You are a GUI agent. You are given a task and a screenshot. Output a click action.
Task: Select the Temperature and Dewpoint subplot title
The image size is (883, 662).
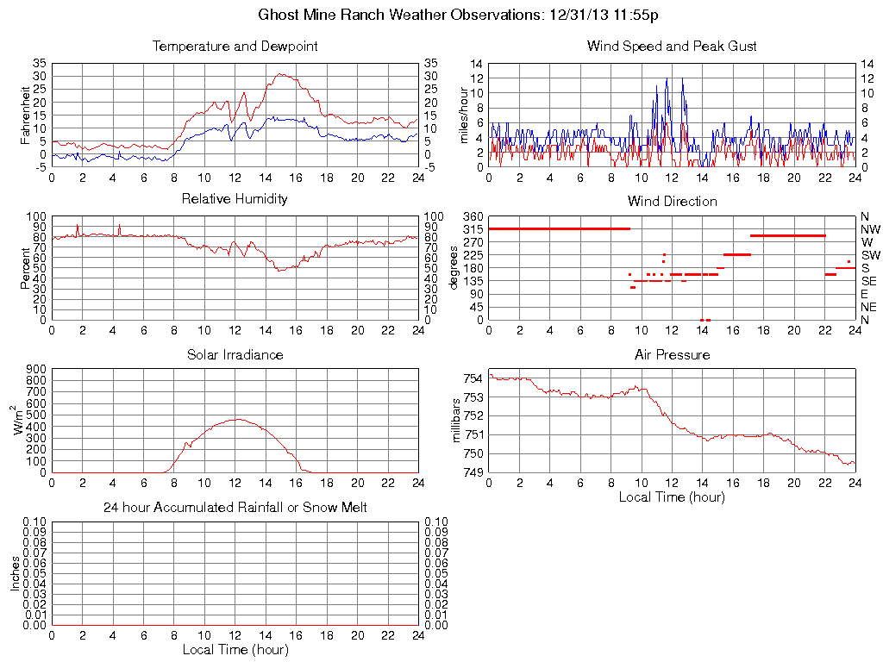coord(235,46)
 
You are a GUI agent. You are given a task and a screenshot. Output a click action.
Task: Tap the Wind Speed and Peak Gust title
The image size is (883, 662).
coord(672,46)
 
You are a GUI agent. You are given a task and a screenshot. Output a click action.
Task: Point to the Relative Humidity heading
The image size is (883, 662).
coord(235,199)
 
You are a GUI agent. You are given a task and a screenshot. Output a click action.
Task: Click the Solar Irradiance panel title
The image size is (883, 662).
coord(235,354)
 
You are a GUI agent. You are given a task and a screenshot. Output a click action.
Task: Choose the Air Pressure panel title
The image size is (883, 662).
coord(672,354)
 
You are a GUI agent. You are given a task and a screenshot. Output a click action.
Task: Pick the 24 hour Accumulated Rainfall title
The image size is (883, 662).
coord(235,508)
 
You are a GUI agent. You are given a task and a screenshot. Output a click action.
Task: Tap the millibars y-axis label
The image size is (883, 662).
coord(457,421)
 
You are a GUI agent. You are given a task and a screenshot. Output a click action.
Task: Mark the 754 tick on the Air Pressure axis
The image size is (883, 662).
coord(473,378)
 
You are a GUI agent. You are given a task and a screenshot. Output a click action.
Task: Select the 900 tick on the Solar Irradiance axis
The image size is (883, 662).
coord(35,368)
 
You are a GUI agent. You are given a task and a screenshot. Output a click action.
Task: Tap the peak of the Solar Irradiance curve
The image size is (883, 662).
coord(237,419)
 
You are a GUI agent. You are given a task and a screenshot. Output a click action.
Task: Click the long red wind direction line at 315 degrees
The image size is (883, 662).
coord(559,228)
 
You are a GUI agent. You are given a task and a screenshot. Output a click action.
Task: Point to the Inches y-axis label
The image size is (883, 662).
coord(16,572)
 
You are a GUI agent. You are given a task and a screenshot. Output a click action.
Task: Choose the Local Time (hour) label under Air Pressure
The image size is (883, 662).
coord(672,497)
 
